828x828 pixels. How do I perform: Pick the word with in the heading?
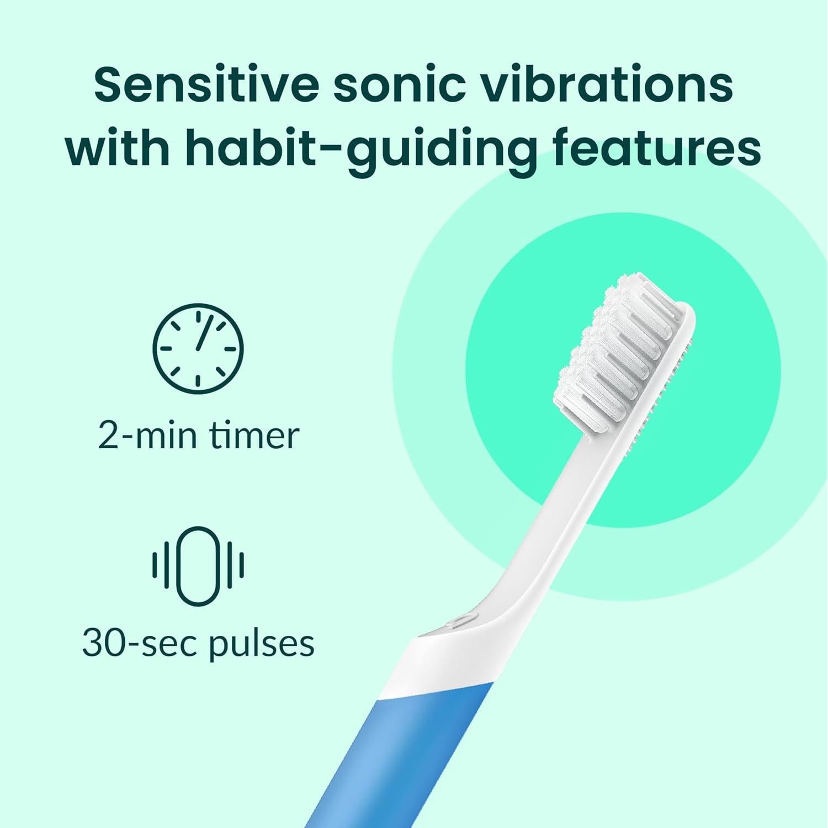click(117, 147)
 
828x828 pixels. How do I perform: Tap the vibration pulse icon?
click(198, 565)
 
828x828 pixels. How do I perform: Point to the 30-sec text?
click(140, 644)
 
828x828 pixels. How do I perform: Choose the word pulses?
click(262, 645)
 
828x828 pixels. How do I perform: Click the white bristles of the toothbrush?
click(613, 353)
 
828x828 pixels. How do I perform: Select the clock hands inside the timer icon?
click(201, 335)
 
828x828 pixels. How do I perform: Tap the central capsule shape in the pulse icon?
click(198, 565)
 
